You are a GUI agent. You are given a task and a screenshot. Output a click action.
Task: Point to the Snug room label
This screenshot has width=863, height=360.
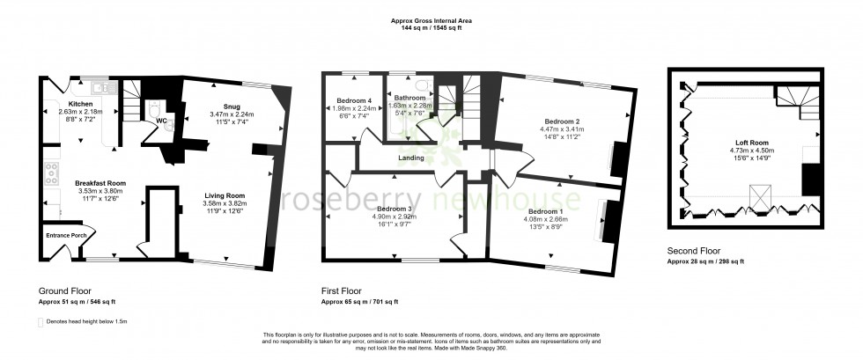(x=231, y=107)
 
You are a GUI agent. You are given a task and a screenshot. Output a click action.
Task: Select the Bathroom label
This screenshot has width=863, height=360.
(x=410, y=98)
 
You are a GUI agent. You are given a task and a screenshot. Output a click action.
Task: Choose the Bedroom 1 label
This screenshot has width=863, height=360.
(x=546, y=212)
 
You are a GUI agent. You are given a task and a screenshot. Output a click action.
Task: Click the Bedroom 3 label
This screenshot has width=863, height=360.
(x=389, y=209)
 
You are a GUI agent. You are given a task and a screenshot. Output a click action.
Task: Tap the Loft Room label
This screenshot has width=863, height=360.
(x=754, y=141)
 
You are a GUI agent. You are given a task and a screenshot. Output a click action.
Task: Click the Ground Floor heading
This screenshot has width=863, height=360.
(x=64, y=290)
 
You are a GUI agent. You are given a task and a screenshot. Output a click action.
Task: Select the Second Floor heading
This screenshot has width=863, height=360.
(x=695, y=252)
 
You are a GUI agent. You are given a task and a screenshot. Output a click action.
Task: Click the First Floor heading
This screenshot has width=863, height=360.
(x=343, y=290)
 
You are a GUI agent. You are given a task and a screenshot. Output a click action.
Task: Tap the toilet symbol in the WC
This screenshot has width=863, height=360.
(x=155, y=110)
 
